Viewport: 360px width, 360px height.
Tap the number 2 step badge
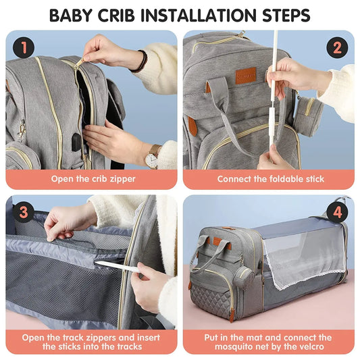point(337,47)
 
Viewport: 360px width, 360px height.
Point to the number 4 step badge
point(337,212)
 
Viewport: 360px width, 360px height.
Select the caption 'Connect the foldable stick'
point(270,179)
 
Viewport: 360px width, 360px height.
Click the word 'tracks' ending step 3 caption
point(127,346)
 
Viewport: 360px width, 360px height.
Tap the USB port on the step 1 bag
point(76,141)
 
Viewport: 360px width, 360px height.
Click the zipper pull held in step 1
point(80,61)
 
